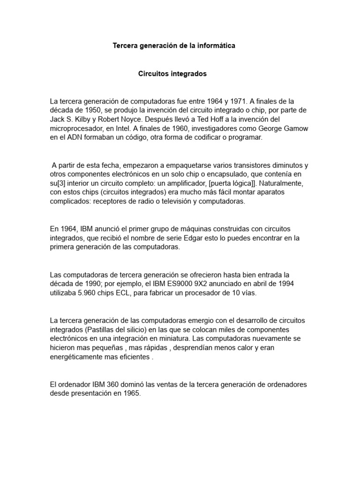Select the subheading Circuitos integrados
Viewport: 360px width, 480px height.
coord(172,74)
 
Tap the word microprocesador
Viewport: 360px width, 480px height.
coord(75,128)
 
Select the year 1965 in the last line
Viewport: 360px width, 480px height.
coord(132,394)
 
